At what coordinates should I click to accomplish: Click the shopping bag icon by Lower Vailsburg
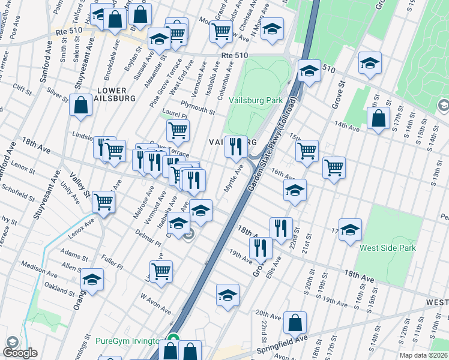80,106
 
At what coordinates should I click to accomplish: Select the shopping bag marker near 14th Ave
379,119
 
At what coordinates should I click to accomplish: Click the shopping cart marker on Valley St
104,202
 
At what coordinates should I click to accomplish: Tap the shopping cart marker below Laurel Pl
178,130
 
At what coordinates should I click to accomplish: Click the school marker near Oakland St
92,280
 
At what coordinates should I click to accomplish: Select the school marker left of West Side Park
350,230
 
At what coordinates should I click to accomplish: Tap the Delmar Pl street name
148,237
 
